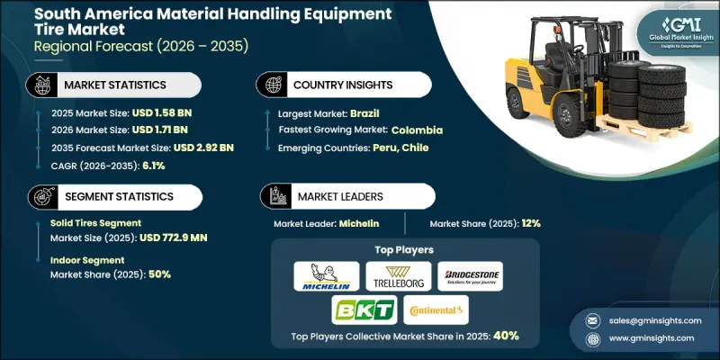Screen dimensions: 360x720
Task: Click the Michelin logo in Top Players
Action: (325, 276)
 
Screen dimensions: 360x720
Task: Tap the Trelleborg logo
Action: (397, 276)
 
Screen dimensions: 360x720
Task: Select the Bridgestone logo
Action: (469, 276)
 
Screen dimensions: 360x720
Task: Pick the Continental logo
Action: (436, 310)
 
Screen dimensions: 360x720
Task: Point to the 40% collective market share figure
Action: (505, 335)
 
